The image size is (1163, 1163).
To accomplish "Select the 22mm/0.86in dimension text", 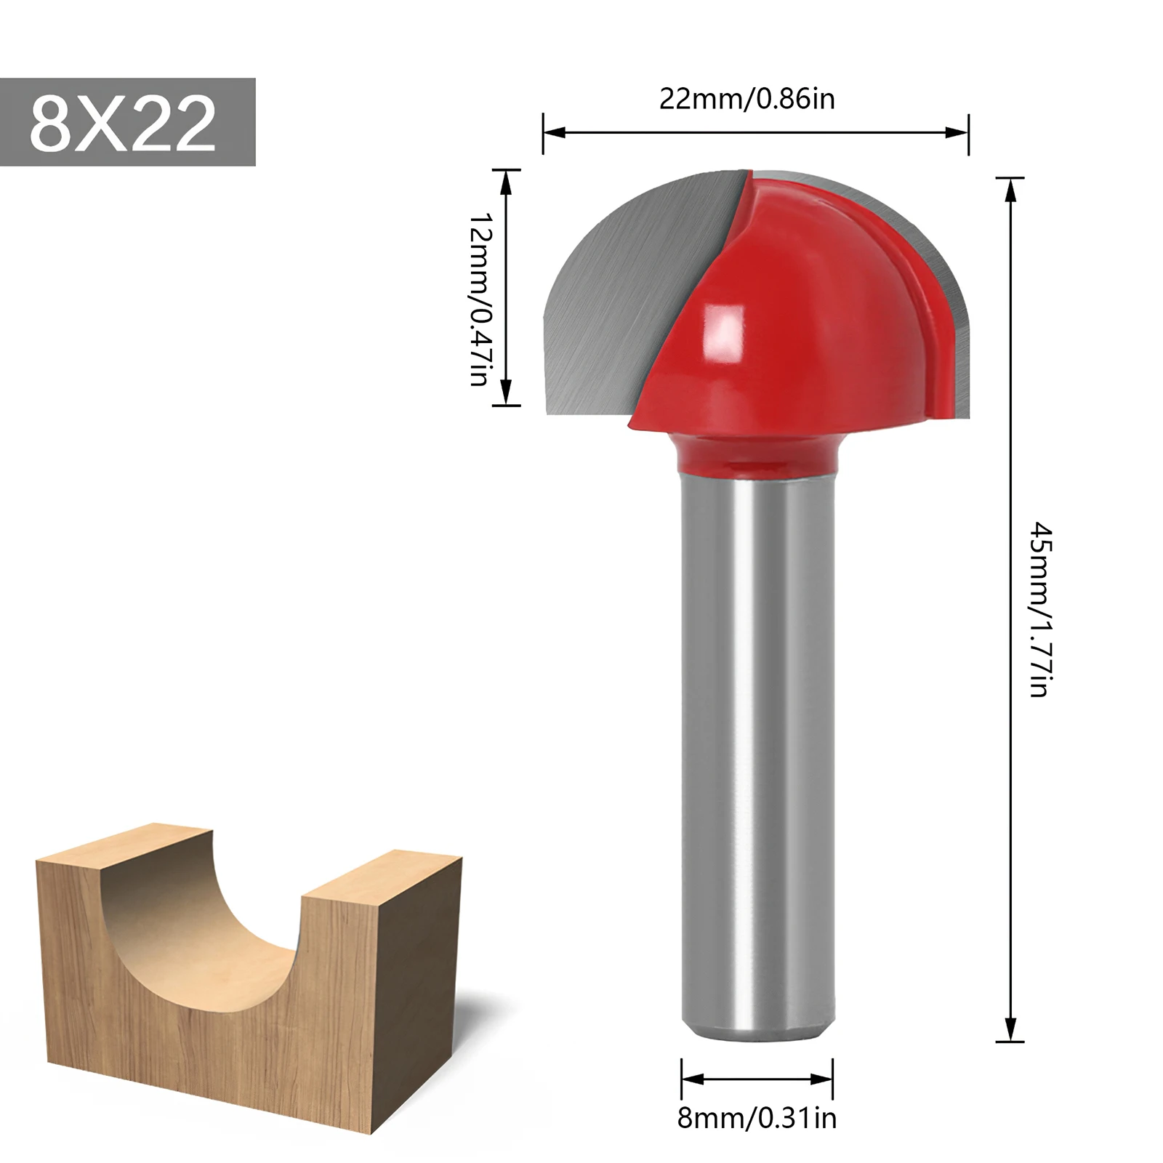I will (x=747, y=98).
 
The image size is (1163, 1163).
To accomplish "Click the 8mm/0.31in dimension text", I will (x=756, y=1118).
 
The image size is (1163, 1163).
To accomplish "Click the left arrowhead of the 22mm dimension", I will (x=552, y=132).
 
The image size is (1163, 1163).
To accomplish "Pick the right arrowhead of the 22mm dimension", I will (x=959, y=132).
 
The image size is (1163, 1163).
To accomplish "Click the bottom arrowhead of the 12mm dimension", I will (x=507, y=394).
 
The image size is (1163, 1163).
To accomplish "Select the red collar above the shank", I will (x=756, y=454).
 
